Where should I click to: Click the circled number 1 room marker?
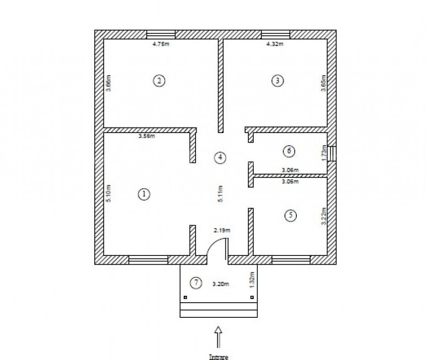pyautogui.click(x=144, y=194)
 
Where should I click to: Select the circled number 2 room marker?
pyautogui.click(x=159, y=81)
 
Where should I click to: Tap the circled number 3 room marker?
pyautogui.click(x=278, y=80)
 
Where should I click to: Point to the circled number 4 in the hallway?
pyautogui.click(x=220, y=157)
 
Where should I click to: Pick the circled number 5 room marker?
pyautogui.click(x=290, y=216)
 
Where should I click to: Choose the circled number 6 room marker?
pyautogui.click(x=289, y=151)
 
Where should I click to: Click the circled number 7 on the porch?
pyautogui.click(x=196, y=283)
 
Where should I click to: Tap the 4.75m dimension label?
pyautogui.click(x=161, y=44)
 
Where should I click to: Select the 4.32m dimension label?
pyautogui.click(x=275, y=44)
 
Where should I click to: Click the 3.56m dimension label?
pyautogui.click(x=147, y=136)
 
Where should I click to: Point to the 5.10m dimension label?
pyautogui.click(x=109, y=194)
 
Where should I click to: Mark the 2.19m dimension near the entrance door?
pyautogui.click(x=222, y=230)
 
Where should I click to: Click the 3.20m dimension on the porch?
pyautogui.click(x=221, y=284)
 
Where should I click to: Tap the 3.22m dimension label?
pyautogui.click(x=323, y=216)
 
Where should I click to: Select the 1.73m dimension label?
pyautogui.click(x=324, y=153)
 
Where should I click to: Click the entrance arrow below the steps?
pyautogui.click(x=218, y=337)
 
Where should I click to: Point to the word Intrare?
pyautogui.click(x=218, y=357)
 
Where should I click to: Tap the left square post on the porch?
pyautogui.click(x=186, y=298)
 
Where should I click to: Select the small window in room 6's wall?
pyautogui.click(x=332, y=154)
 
